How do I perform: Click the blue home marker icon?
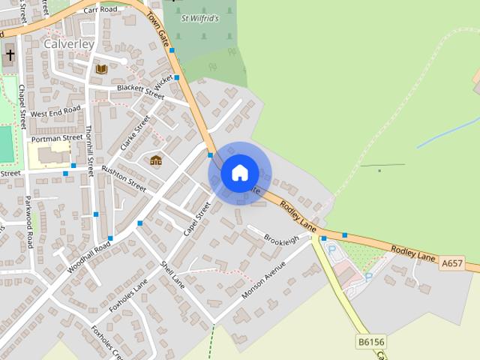pos(239,172)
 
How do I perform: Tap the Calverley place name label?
pos(68,44)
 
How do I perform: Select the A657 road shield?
pos(452,263)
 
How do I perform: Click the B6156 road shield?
pos(370,342)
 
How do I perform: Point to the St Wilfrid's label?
pos(200,18)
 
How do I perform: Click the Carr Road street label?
pos(101,10)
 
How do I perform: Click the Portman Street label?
pos(56,138)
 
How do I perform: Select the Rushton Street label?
pos(124,177)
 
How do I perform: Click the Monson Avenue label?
pos(263,279)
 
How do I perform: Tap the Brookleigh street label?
pos(281,238)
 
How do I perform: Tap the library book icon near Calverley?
pos(101,69)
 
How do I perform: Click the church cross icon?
pos(10,54)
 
